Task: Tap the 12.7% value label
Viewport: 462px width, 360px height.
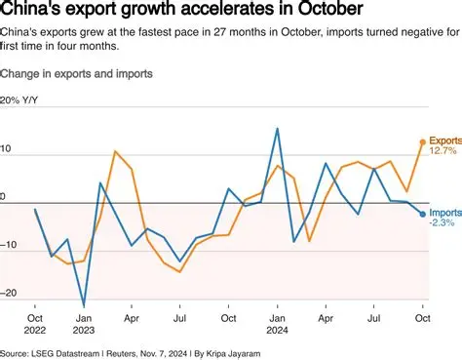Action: [x=442, y=152]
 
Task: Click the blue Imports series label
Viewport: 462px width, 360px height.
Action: [x=444, y=213]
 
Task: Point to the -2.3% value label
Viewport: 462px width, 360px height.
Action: [x=443, y=223]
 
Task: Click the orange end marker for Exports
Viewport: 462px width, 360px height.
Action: [x=422, y=142]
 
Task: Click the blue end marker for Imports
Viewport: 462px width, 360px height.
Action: [x=422, y=214]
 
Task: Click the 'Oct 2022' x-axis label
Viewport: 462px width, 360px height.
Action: [x=35, y=322]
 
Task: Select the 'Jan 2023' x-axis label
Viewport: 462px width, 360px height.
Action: [x=84, y=322]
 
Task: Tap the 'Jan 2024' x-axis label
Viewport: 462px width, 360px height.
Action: [x=277, y=322]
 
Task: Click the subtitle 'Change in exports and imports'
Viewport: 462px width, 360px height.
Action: [x=76, y=74]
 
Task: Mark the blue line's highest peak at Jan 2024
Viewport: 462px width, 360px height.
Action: [x=278, y=129]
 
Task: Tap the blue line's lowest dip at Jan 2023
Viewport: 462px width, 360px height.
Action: [x=84, y=305]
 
